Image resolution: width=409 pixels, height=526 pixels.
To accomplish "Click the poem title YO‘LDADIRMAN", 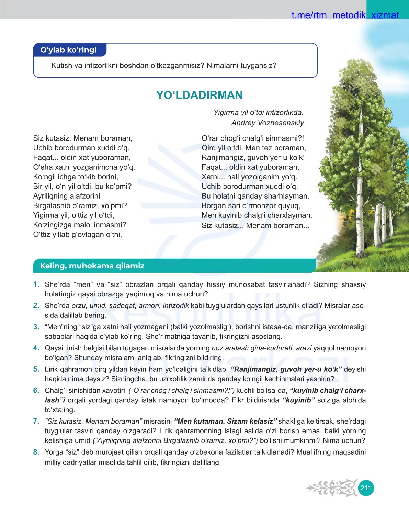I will coord(199,95).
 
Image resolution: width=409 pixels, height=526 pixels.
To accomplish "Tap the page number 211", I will coord(366,488).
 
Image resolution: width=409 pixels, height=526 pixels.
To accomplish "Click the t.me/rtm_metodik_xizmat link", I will coord(345,15).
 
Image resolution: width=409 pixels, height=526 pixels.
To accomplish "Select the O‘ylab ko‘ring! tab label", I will coord(69,50).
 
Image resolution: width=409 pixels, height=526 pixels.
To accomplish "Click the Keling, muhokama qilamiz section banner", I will coord(92,266).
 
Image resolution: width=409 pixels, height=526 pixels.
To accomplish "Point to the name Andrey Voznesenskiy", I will coord(268,123).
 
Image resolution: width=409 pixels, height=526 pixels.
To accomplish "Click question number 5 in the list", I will coord(36,369).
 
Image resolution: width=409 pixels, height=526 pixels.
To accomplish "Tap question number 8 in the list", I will coord(36,452).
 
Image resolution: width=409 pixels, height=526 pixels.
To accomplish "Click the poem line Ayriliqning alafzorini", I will coord(67,196).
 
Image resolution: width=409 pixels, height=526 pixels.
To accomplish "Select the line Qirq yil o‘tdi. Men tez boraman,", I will coord(253,148).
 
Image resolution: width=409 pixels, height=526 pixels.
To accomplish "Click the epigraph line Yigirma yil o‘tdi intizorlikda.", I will coord(258,112).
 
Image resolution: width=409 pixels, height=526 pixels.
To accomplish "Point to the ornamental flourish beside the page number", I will coord(331,488).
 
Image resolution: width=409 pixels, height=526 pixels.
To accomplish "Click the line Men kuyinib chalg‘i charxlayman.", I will coord(257,215).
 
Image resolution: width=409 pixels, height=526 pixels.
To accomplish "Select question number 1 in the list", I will coord(36,284).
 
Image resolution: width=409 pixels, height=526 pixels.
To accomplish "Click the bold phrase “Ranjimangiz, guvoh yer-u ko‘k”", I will coord(286,369).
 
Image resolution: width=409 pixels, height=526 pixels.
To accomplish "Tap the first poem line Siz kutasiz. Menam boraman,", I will coord(83,138).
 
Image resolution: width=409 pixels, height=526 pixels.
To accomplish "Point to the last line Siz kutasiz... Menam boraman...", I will coord(255,225).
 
